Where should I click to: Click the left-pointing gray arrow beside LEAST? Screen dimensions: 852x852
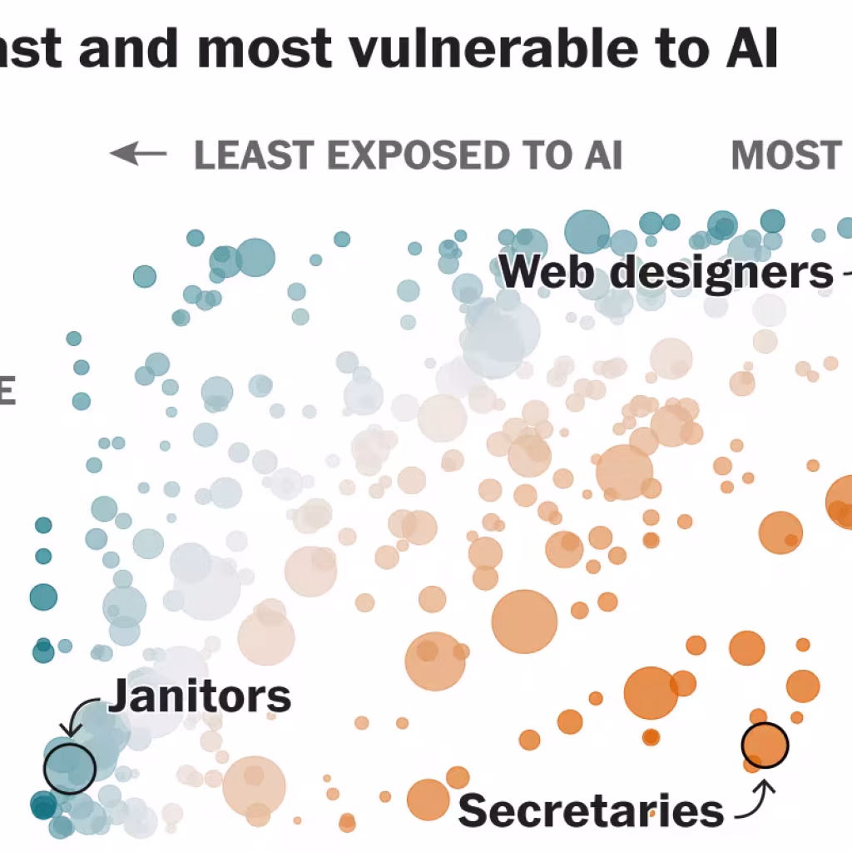tap(138, 154)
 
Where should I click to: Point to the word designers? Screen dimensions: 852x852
tap(720, 272)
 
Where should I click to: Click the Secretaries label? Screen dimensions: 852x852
tap(591, 809)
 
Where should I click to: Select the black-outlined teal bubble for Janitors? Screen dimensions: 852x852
tap(70, 766)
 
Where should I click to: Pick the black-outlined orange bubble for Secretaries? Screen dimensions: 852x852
tap(764, 745)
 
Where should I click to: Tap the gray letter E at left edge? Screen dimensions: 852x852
tap(7, 393)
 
